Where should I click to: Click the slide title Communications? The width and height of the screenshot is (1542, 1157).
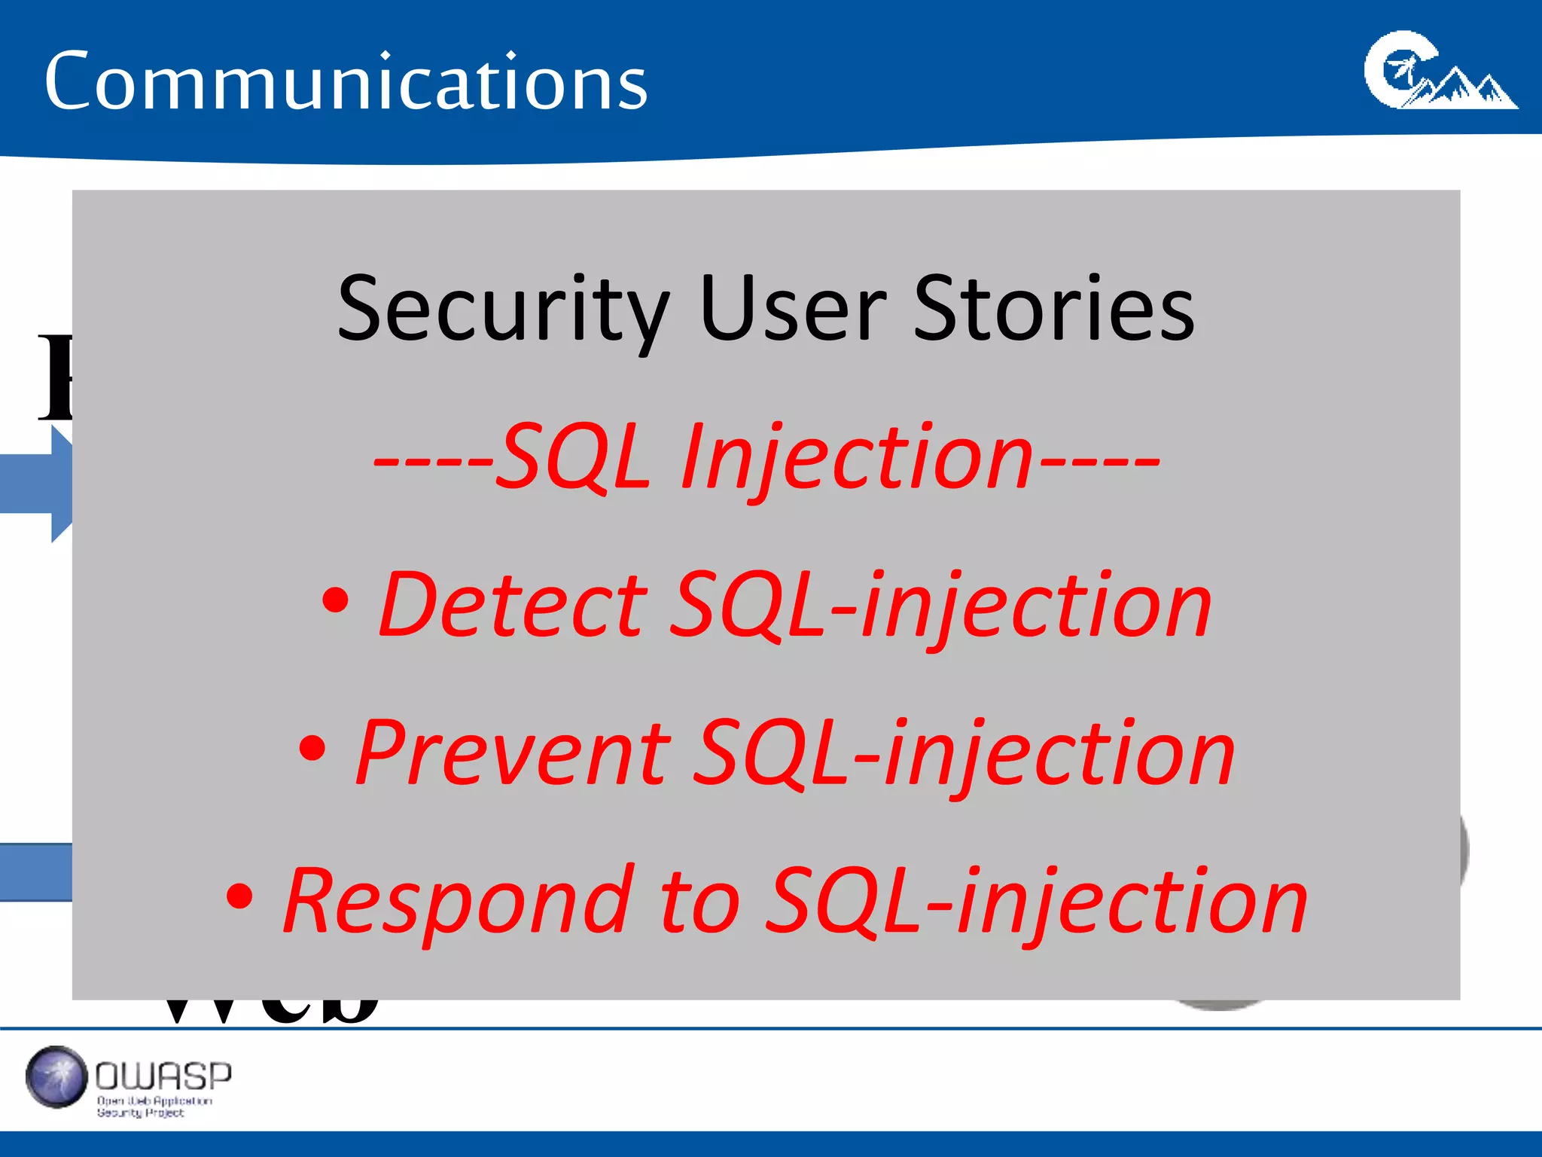tap(346, 81)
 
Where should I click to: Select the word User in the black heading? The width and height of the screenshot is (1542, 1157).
tap(792, 309)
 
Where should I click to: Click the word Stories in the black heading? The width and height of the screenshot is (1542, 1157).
tap(1053, 309)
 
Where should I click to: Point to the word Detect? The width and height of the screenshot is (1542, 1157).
tap(512, 605)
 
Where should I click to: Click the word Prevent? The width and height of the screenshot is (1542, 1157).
tap(512, 753)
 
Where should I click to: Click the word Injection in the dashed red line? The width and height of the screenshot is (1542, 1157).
tap(855, 459)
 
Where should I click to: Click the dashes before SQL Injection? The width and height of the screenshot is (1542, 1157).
tap(434, 461)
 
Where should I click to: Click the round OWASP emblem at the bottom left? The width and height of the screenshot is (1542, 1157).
tap(56, 1077)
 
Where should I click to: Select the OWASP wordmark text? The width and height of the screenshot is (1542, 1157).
tap(163, 1076)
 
